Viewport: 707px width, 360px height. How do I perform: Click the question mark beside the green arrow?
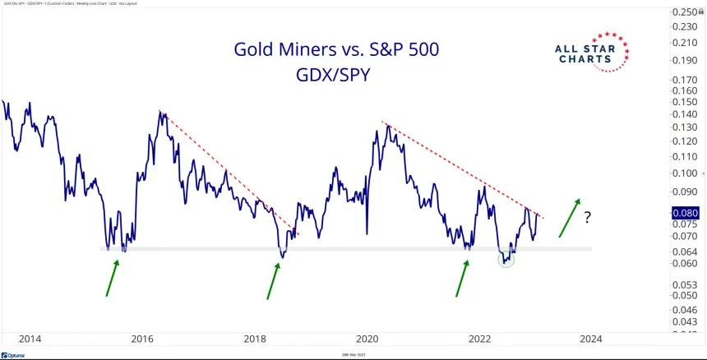click(x=588, y=219)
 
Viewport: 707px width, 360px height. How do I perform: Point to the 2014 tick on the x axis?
click(x=30, y=338)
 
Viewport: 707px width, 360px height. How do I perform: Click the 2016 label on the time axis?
click(x=143, y=338)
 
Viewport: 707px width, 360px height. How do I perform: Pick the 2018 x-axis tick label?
click(x=256, y=338)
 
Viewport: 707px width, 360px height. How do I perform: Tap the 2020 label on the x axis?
click(x=367, y=338)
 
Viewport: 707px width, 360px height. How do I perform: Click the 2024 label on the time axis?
click(x=589, y=338)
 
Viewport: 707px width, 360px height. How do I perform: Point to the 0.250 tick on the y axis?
click(x=685, y=12)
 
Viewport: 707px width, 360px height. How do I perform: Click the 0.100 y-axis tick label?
click(x=685, y=173)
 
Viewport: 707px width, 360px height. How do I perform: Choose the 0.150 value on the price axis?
click(x=685, y=102)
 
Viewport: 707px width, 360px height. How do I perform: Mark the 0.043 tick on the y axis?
click(x=685, y=322)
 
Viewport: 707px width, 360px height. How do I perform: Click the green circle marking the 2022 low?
click(x=506, y=259)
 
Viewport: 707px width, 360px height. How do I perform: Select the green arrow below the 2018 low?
click(x=273, y=279)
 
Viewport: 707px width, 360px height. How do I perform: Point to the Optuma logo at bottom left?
click(x=17, y=353)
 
